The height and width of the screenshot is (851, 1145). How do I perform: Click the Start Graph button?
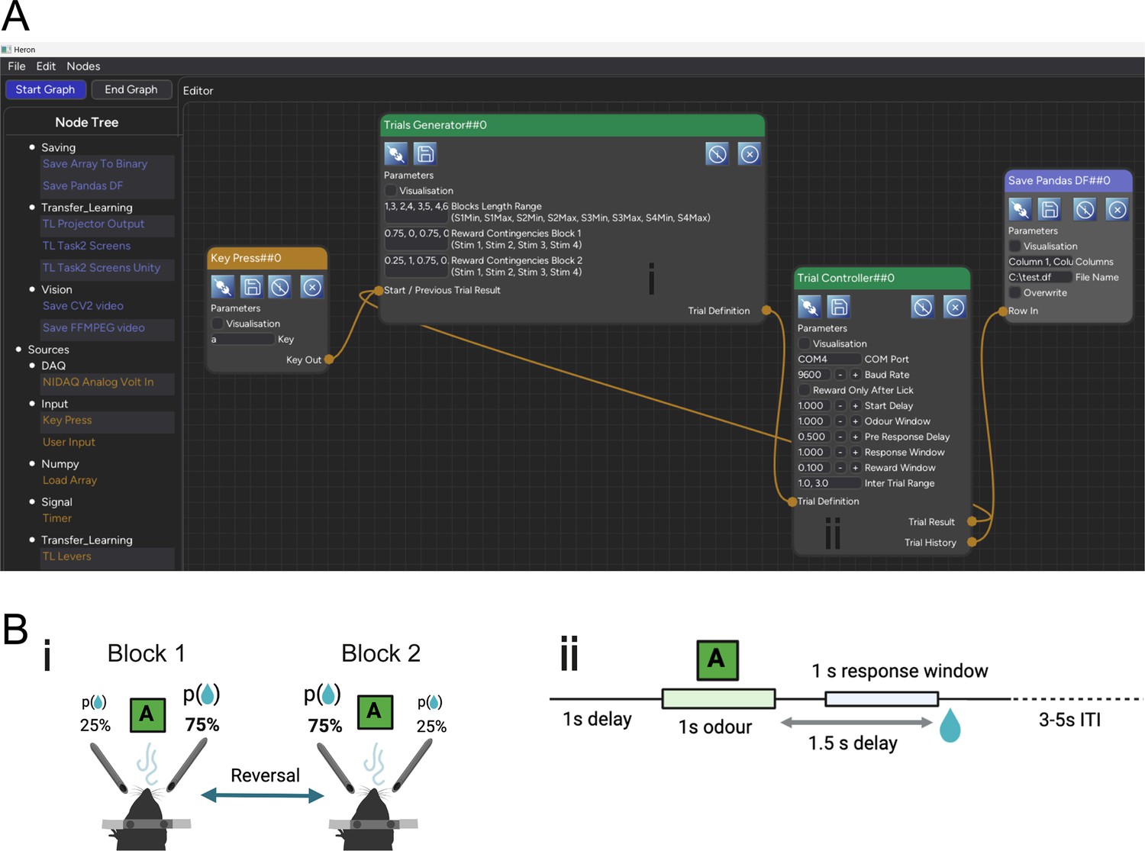coord(45,89)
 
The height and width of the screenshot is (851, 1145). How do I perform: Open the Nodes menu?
coord(83,66)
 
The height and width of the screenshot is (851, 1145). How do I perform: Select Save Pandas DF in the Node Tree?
coord(82,185)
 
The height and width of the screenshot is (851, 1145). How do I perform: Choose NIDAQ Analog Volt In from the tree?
coord(98,382)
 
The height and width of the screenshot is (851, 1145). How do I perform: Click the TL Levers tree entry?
coord(66,556)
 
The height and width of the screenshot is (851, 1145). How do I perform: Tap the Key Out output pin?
coord(329,359)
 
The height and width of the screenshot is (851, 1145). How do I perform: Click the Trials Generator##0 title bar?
coord(572,125)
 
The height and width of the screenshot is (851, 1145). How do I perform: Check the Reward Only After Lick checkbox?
coord(804,390)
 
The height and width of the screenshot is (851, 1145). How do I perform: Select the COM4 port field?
coord(828,359)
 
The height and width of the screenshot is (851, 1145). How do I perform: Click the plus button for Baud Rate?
coord(855,375)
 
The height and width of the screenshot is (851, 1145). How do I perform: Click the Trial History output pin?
coord(972,542)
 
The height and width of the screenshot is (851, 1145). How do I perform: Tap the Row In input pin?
coord(1002,311)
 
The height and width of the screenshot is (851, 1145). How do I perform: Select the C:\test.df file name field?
coord(1040,277)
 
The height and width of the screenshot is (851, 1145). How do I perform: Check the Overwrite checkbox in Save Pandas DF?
coord(1015,292)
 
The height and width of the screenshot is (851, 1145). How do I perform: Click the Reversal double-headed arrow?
coord(263,795)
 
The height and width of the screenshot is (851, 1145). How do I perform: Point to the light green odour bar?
coord(718,698)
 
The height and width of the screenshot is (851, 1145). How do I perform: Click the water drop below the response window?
coord(950,725)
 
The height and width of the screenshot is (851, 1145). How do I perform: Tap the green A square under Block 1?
coord(147,715)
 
